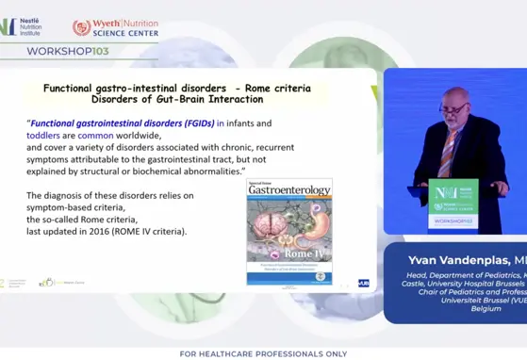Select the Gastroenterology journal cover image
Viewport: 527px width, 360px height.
click(x=289, y=231)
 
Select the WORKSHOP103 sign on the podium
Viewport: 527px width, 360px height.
click(x=452, y=221)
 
